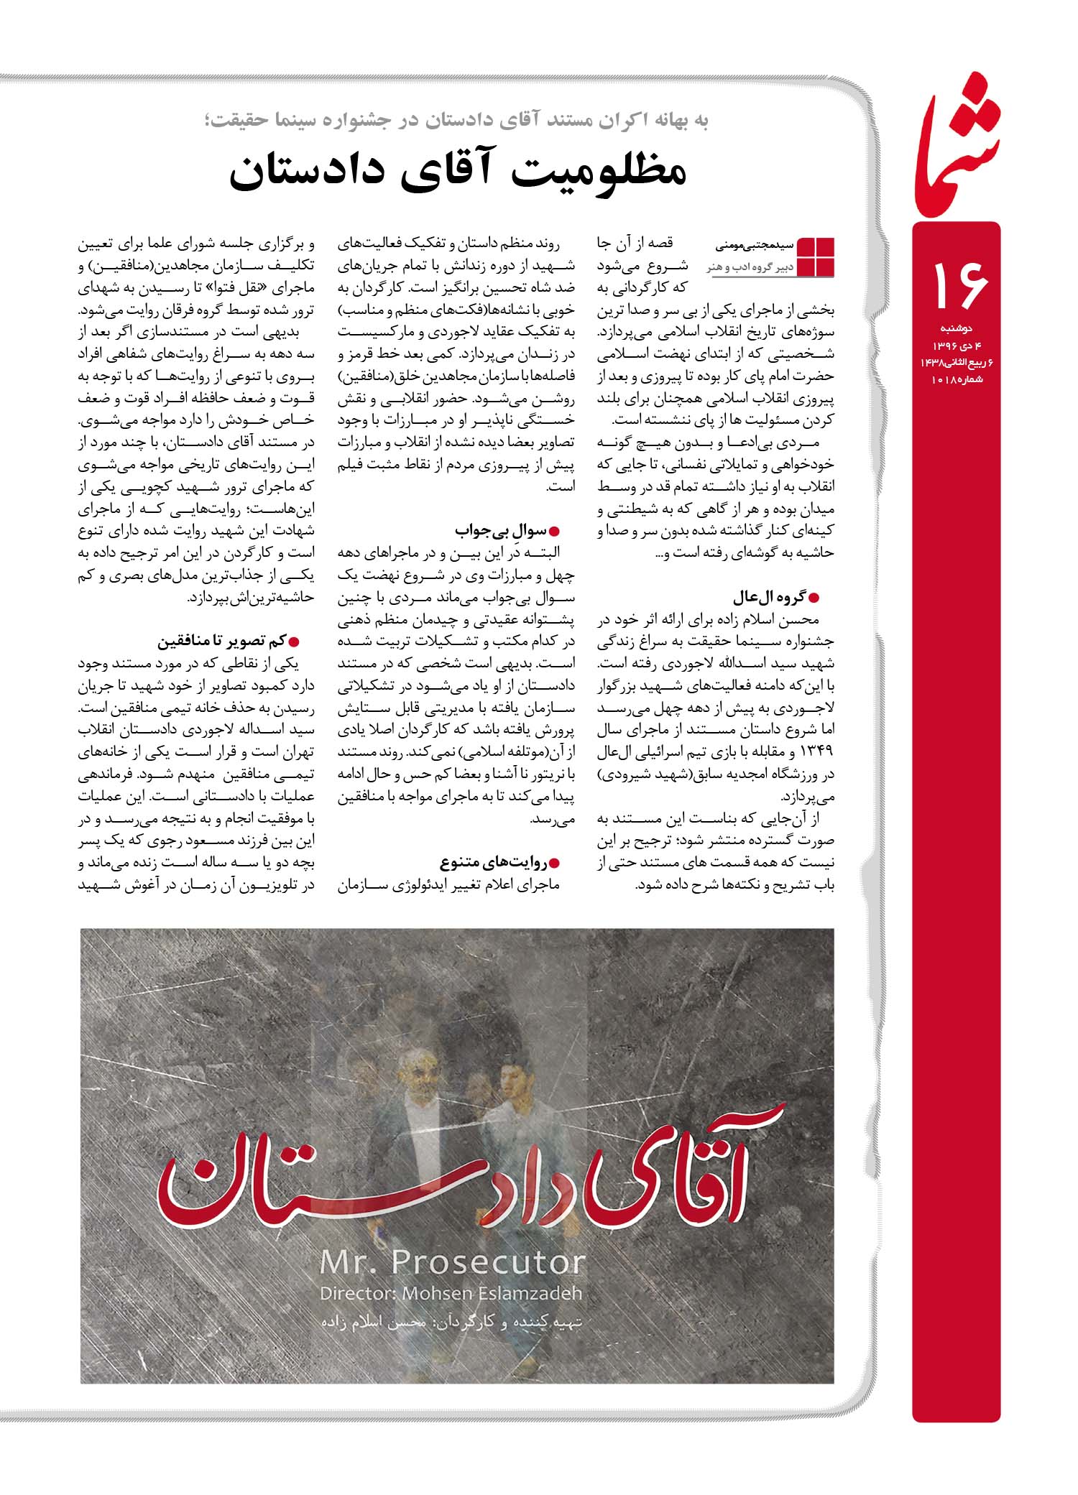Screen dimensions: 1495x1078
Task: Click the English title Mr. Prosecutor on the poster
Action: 452,1262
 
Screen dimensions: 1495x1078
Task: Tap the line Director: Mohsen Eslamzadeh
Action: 451,1293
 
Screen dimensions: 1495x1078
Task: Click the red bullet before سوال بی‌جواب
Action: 553,532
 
